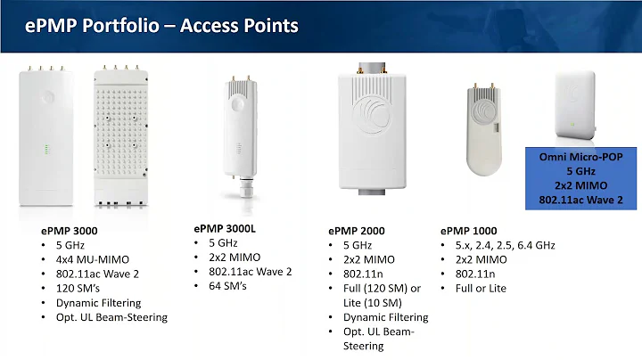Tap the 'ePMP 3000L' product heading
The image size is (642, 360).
[x=225, y=227]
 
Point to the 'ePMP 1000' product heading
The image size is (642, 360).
[x=468, y=231]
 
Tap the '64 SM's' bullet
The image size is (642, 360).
[x=227, y=286]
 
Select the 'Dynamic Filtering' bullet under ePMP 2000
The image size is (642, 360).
[x=385, y=316]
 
